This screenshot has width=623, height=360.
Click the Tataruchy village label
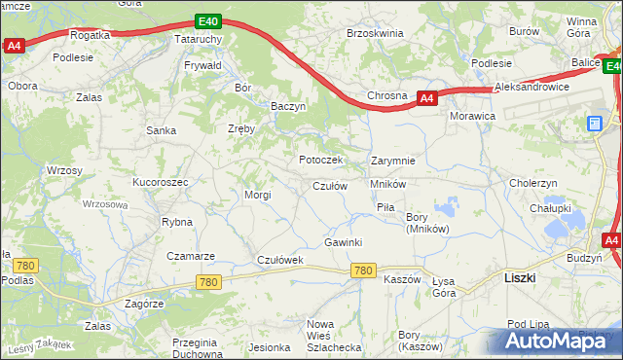coord(199,39)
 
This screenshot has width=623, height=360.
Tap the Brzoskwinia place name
coord(375,32)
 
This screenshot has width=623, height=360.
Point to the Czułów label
coord(329,186)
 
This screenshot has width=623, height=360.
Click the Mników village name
coord(387,183)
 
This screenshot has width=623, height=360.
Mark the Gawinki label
coord(344,242)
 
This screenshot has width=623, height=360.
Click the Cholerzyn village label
coord(533,182)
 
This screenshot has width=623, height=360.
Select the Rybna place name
coord(177,222)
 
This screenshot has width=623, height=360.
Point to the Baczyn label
coord(289,106)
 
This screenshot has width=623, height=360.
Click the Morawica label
coord(472,116)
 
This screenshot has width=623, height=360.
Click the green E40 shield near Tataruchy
coord(206,19)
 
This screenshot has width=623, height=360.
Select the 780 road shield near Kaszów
coord(364,270)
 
